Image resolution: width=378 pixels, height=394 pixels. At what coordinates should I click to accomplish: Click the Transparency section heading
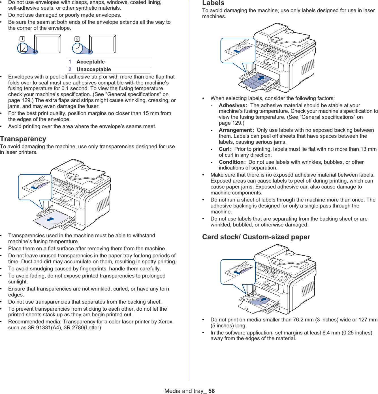point(23,139)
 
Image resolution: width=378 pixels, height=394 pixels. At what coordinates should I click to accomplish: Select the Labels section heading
point(213,3)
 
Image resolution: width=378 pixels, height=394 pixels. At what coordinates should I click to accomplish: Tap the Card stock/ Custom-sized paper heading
point(256,237)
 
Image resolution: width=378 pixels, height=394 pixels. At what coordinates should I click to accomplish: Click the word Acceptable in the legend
point(91,62)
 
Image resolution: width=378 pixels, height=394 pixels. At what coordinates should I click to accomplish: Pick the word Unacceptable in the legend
point(94,69)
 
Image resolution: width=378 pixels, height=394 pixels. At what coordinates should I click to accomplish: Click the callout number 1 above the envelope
point(22,39)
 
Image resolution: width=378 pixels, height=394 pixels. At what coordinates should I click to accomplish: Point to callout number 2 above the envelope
point(77,39)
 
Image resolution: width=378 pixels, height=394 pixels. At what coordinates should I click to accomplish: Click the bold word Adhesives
point(232,105)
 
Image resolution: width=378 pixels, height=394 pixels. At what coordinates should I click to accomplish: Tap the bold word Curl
point(224,149)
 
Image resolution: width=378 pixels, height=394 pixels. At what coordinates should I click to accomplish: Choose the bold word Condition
point(231,162)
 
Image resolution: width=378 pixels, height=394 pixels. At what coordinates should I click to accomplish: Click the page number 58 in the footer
point(212,391)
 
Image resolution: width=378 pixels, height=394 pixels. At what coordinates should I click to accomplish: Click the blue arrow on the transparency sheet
point(50,219)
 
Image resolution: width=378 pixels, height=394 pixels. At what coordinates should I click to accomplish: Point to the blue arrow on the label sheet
point(261,78)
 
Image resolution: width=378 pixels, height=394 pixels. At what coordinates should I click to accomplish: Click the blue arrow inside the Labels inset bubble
point(237,51)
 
